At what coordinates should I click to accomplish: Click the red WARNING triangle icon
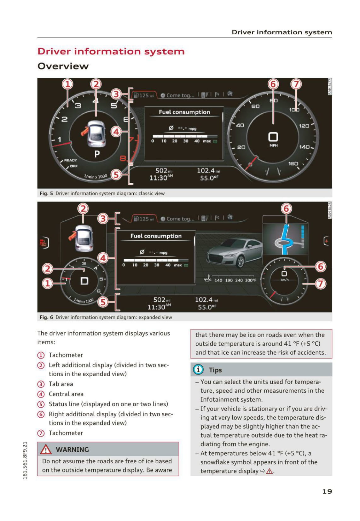(46, 449)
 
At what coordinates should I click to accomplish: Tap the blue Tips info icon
(198, 369)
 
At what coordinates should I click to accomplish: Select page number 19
(327, 491)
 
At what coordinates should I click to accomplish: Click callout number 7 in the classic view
(296, 84)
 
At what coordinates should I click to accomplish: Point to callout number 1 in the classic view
(67, 84)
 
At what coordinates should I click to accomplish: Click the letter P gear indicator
(97, 154)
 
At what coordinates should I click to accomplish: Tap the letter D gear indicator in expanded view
(84, 281)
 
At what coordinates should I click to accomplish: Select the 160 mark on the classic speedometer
(293, 163)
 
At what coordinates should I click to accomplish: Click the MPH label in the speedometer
(273, 146)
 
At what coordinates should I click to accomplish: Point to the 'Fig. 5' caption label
(46, 193)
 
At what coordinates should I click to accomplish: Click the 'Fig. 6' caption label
(46, 317)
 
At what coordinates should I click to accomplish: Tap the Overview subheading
(63, 66)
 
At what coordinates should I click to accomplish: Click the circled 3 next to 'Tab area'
(41, 384)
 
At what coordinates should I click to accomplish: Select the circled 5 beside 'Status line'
(41, 404)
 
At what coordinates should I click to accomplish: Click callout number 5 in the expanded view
(103, 302)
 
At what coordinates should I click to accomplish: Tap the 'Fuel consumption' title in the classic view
(184, 112)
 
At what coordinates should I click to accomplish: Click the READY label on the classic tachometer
(70, 160)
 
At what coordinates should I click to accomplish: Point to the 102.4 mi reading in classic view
(208, 171)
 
